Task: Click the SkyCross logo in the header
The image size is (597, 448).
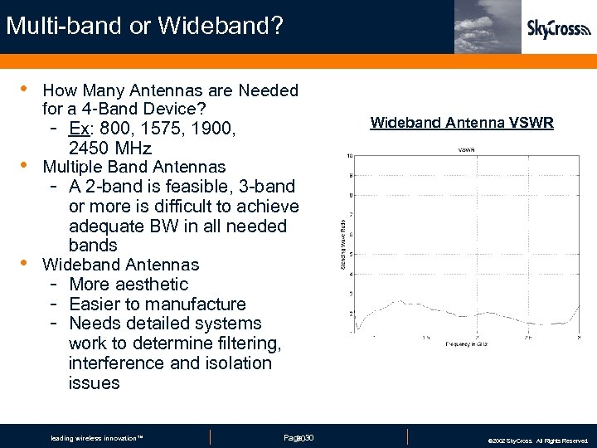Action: pyautogui.click(x=560, y=28)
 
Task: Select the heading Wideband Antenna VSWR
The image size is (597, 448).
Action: pyautogui.click(x=462, y=123)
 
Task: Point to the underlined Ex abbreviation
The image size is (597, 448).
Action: pyautogui.click(x=79, y=129)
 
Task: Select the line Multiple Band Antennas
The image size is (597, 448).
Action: pyautogui.click(x=133, y=167)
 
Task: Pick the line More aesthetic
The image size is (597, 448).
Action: pyautogui.click(x=129, y=285)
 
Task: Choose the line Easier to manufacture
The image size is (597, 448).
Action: pyautogui.click(x=158, y=304)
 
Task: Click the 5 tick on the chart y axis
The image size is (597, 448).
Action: pyautogui.click(x=352, y=254)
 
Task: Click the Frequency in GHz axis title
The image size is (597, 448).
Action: pyautogui.click(x=466, y=343)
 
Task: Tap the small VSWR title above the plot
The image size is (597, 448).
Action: pyautogui.click(x=466, y=149)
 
